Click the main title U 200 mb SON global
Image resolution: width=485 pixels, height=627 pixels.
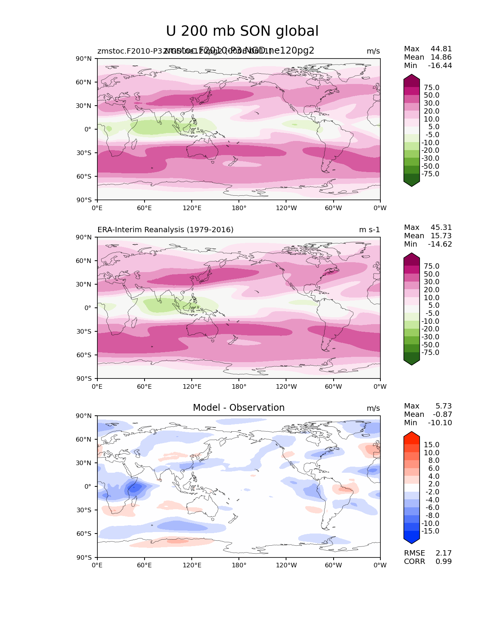click(242, 31)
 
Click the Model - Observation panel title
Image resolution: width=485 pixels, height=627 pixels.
click(239, 408)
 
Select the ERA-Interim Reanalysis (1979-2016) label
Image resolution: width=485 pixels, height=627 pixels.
click(165, 230)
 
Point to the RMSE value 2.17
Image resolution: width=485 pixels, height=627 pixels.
click(444, 553)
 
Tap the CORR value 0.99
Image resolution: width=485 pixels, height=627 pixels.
click(444, 561)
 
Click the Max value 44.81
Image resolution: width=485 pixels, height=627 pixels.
click(441, 49)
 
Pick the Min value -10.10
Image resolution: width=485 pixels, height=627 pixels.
click(440, 423)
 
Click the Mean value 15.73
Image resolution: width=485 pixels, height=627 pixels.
click(441, 236)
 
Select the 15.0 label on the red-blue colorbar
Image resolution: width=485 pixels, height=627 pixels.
click(432, 445)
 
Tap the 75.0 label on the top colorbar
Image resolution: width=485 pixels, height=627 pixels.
click(432, 88)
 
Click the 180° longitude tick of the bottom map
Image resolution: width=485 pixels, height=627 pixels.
click(239, 565)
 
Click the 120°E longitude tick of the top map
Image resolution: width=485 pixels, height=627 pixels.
click(192, 208)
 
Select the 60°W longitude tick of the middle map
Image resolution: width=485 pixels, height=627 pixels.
click(333, 387)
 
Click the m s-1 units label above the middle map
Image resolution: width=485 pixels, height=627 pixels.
click(369, 230)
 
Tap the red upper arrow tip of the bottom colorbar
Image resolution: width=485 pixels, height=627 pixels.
click(412, 435)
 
